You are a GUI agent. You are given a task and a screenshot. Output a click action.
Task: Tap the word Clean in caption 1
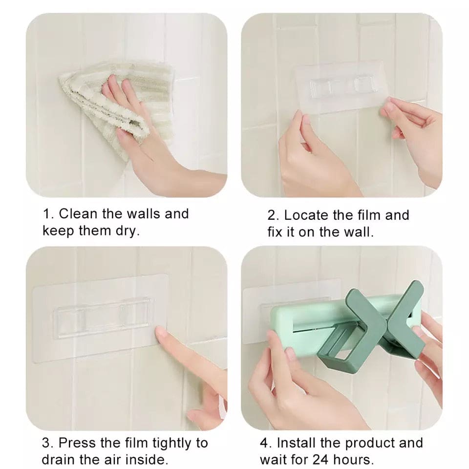(78, 214)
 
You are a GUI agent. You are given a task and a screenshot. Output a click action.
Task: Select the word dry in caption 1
(128, 231)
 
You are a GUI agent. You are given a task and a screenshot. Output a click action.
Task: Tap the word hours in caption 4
(356, 460)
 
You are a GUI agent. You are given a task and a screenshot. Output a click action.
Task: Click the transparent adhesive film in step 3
(98, 313)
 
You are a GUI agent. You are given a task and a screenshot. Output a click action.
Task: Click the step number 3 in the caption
(46, 443)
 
